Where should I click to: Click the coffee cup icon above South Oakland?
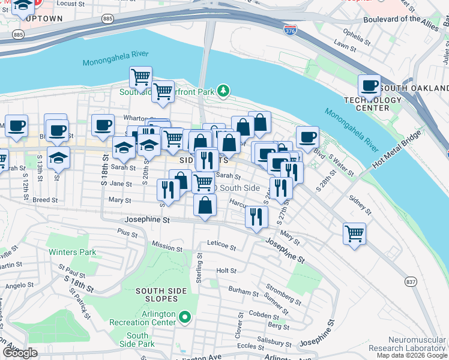point(370,86)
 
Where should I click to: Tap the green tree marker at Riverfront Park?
point(223,91)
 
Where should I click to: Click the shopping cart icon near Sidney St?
point(354,233)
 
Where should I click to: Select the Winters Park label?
point(72,252)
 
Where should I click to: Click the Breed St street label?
point(45,200)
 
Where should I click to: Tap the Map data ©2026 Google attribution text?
point(412,355)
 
